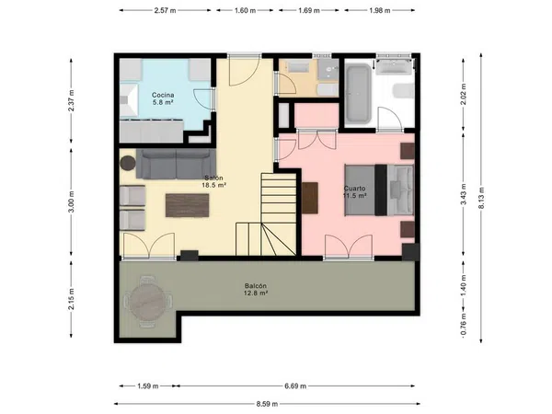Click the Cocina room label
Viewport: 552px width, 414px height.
[x=163, y=98]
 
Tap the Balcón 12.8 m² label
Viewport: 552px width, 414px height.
[x=256, y=290]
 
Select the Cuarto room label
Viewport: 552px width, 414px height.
[x=355, y=192]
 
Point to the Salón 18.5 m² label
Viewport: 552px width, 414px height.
[x=213, y=181]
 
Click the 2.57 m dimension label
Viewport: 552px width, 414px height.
[x=165, y=10]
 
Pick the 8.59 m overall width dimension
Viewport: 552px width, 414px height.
[x=267, y=404]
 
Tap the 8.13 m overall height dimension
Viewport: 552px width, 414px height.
[x=481, y=198]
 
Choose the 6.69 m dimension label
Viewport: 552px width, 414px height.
[x=295, y=386]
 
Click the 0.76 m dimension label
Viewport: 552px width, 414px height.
[x=464, y=324]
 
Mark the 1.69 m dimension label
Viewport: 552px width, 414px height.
[x=309, y=10]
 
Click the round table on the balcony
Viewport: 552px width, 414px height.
[x=148, y=302]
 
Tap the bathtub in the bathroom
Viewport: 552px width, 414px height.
[x=358, y=94]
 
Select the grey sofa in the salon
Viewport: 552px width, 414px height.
[x=176, y=164]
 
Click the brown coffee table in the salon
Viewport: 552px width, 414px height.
[x=188, y=205]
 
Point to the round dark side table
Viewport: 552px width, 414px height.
[x=128, y=164]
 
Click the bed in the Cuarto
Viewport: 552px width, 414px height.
[x=379, y=190]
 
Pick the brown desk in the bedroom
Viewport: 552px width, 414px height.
[x=310, y=198]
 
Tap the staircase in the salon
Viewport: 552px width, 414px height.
[x=266, y=214]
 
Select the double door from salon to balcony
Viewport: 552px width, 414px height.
[x=149, y=246]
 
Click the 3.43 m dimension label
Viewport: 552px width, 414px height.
[x=464, y=194]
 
